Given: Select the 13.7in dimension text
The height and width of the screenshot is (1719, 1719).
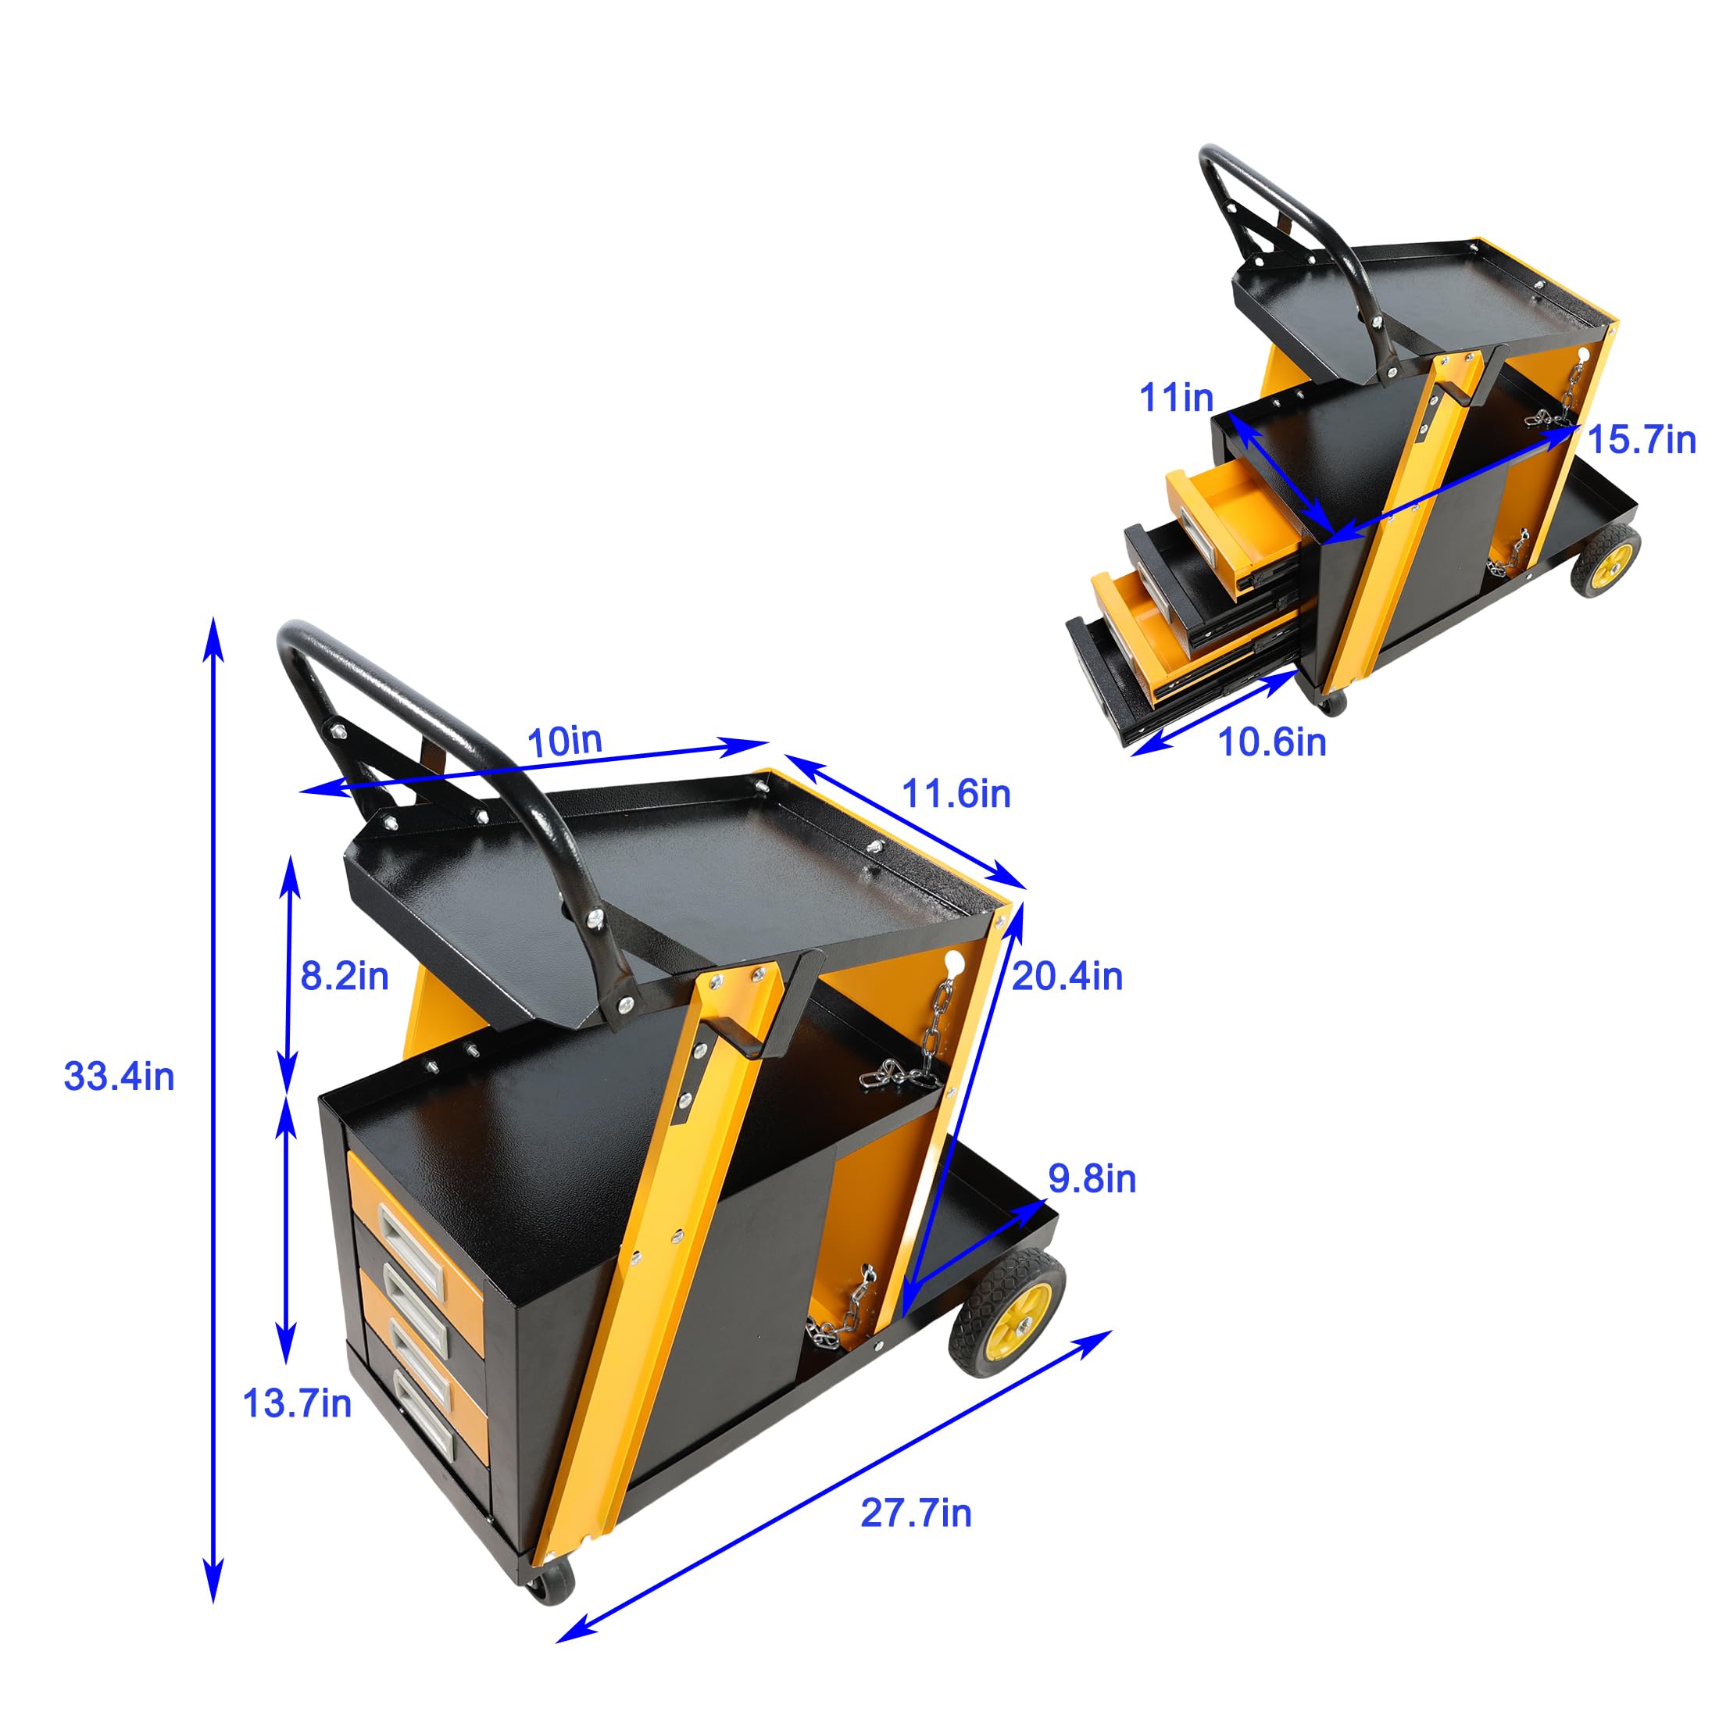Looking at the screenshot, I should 296,1403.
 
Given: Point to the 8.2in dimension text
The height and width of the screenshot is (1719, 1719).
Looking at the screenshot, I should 345,976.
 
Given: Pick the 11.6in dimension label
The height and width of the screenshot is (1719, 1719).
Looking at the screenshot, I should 956,794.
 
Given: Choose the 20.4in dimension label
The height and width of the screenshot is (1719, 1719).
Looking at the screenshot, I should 1067,976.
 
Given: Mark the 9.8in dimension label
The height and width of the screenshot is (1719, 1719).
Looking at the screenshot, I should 1092,1179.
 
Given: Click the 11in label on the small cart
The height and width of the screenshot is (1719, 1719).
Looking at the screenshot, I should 1176,398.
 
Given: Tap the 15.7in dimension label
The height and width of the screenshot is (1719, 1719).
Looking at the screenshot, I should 1642,441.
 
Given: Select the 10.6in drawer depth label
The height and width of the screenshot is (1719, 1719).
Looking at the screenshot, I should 1271,742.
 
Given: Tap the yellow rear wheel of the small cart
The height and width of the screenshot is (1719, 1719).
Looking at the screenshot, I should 1606,559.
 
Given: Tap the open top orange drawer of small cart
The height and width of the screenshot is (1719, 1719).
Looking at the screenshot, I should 1237,520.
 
